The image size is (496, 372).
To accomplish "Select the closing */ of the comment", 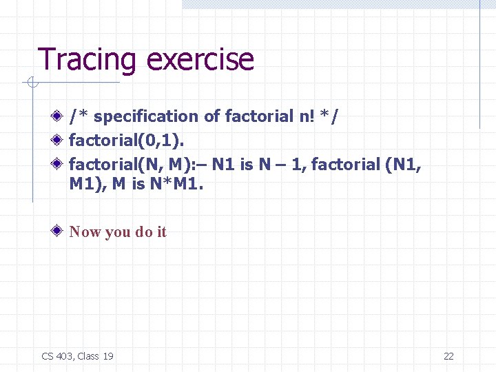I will click(331, 116).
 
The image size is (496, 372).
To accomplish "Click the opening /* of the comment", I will click(78, 116).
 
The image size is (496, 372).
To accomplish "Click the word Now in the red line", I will click(85, 231).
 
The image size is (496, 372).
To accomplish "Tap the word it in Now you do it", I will click(161, 231).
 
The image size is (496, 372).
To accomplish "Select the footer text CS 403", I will click(57, 356).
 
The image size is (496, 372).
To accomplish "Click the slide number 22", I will click(448, 356).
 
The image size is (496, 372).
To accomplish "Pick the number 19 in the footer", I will click(107, 356).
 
